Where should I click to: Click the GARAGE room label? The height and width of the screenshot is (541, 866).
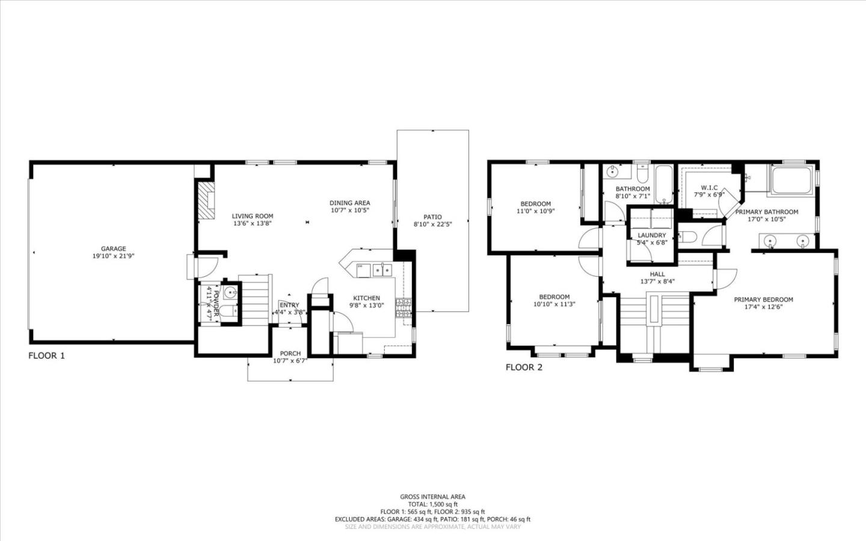coord(113,248)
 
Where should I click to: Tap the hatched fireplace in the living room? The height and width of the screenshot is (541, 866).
coord(206,201)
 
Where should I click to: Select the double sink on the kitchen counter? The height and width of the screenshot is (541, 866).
coord(381,270)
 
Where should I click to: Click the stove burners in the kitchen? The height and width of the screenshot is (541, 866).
coord(404,307)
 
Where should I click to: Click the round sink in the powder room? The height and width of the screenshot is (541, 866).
coord(230,293)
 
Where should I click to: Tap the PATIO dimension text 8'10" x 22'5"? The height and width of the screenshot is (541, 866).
coord(432,224)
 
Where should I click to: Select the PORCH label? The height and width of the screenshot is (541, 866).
coord(290,353)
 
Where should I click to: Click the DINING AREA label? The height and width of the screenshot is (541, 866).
coord(349,203)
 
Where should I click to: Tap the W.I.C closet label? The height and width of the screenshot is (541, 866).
coord(709,188)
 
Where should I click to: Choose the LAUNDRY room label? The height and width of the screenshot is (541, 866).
coord(652,235)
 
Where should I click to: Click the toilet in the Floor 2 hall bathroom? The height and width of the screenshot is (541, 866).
coord(642,175)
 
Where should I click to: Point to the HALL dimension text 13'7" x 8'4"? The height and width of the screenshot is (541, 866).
coord(657,281)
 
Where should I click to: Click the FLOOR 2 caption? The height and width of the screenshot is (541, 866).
coord(524,367)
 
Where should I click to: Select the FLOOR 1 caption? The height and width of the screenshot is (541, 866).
coord(46,355)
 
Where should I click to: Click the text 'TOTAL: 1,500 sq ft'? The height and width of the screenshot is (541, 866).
coord(432,504)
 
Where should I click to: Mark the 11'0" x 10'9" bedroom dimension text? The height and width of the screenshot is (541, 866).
coord(535,211)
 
